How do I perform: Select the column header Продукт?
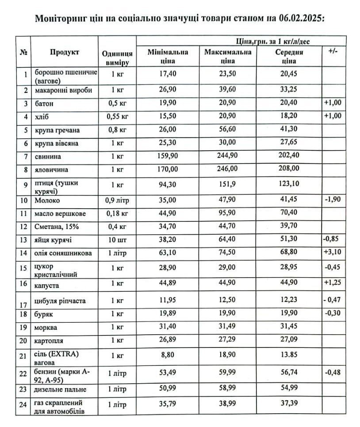[x=65, y=52]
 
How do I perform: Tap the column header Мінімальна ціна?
[x=168, y=56]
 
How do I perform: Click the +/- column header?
[x=333, y=51]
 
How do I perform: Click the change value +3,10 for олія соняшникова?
[x=333, y=253]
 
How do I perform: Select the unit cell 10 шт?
[x=115, y=240]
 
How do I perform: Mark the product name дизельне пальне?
[x=61, y=389]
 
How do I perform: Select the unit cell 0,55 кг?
[x=115, y=116]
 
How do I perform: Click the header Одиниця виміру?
[x=115, y=56]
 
